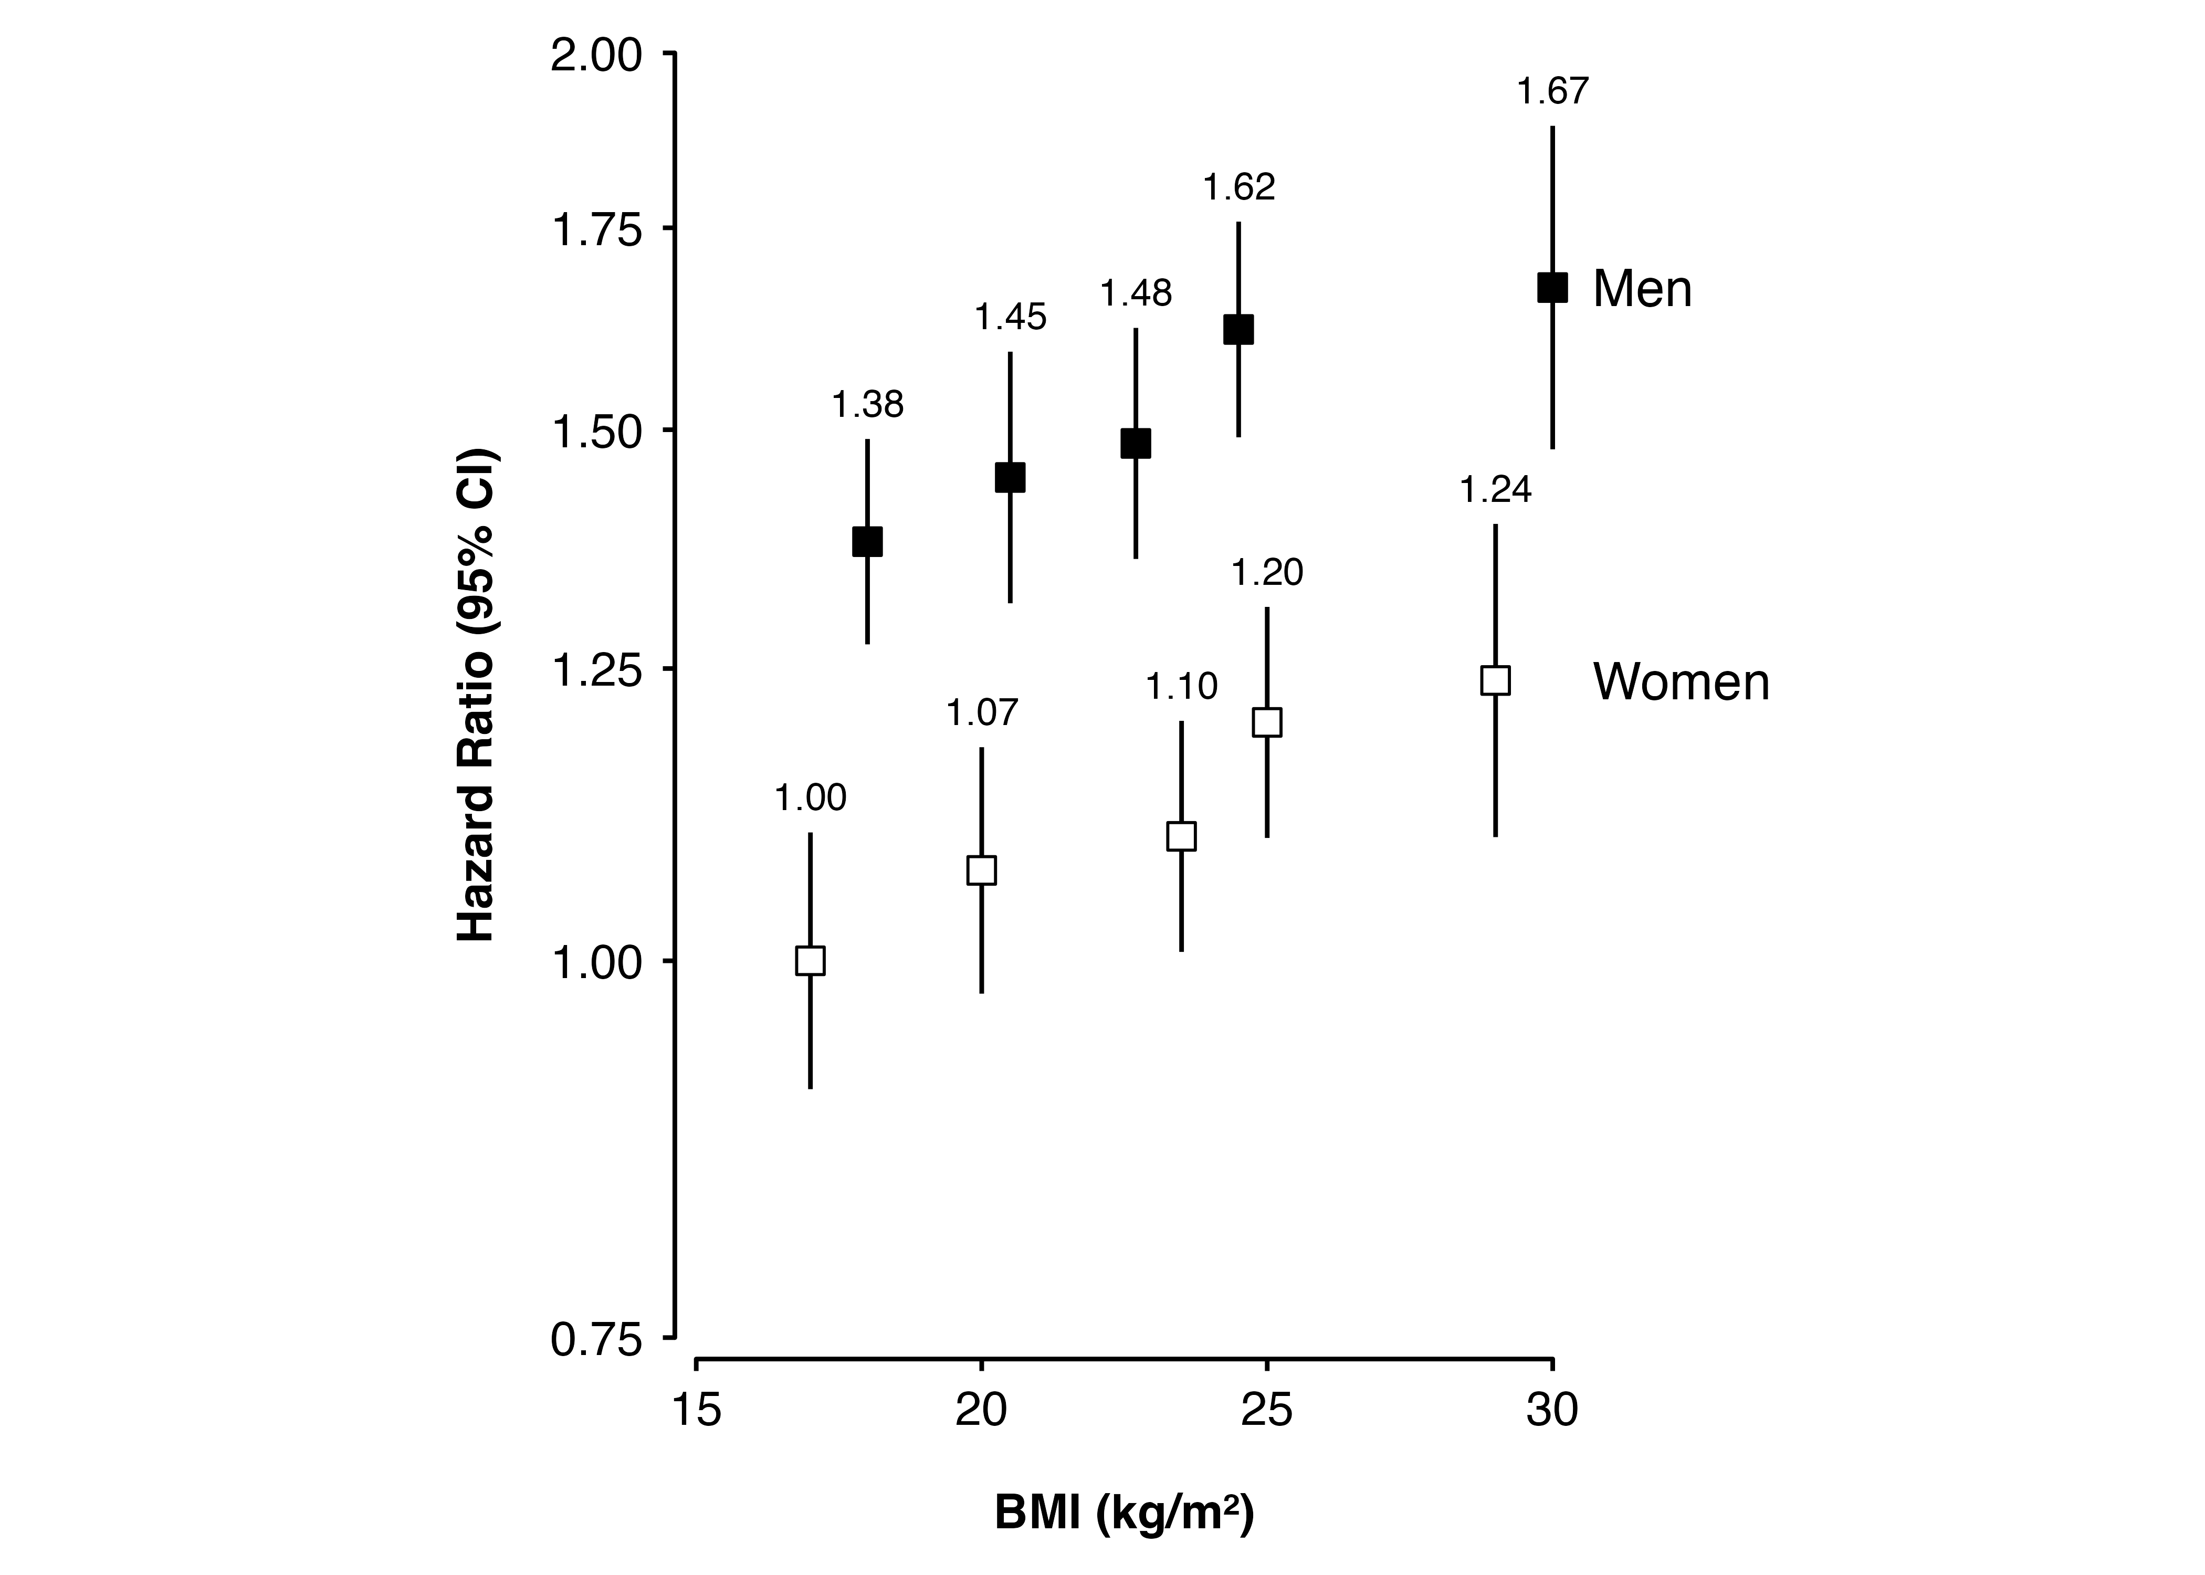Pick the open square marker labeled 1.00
pyautogui.click(x=810, y=960)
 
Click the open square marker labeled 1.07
pyautogui.click(x=981, y=870)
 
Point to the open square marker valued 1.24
pyautogui.click(x=1495, y=680)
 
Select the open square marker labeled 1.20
pyautogui.click(x=1266, y=722)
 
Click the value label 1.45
pyautogui.click(x=1011, y=317)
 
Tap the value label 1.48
pyautogui.click(x=1136, y=293)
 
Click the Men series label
pyautogui.click(x=1642, y=289)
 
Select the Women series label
pyautogui.click(x=1681, y=682)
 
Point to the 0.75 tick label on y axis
pyautogui.click(x=596, y=1340)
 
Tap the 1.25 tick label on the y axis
pyautogui.click(x=596, y=669)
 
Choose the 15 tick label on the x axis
pyautogui.click(x=696, y=1409)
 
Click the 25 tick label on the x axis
pyautogui.click(x=1266, y=1409)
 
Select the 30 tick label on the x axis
pyautogui.click(x=1552, y=1409)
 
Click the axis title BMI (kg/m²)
pyautogui.click(x=1124, y=1513)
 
